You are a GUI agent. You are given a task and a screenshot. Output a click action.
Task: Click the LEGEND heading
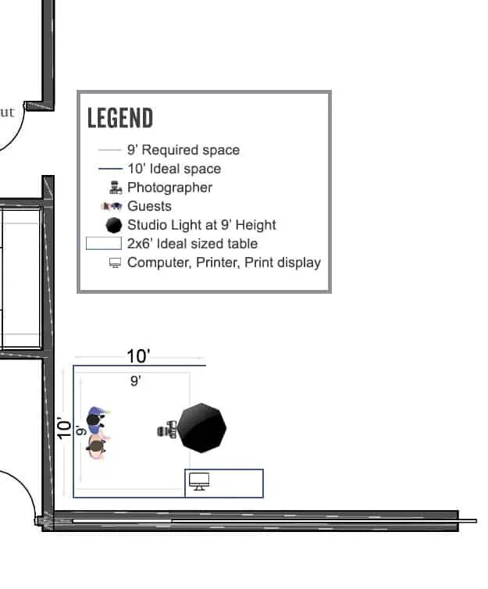(120, 119)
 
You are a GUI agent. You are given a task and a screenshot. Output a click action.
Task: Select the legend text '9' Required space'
(183, 150)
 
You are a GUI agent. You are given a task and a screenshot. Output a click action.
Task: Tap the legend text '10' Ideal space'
(174, 169)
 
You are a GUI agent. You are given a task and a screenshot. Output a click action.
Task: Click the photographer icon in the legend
(116, 187)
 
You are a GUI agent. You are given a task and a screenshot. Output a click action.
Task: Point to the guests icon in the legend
(112, 206)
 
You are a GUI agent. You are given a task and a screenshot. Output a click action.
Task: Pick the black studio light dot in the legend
(114, 225)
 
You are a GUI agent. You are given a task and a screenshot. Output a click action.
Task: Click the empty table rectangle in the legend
(103, 244)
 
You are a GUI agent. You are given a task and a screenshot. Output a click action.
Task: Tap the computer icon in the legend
(116, 263)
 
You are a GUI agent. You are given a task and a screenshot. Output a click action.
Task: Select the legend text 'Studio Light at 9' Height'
(201, 225)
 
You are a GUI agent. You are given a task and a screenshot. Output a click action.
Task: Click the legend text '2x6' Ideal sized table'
(192, 244)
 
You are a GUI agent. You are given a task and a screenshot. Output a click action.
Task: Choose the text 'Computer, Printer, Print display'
(224, 262)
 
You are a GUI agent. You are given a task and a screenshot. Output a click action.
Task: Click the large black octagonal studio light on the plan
(201, 428)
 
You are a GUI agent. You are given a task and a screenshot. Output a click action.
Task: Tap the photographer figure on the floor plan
(168, 430)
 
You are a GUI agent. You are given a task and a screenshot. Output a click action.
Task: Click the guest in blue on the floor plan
(96, 419)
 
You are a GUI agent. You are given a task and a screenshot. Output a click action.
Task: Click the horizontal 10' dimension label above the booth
(138, 356)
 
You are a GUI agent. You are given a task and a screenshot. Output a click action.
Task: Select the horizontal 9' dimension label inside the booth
(135, 381)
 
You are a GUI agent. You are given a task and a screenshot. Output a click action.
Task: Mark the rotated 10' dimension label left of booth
(65, 428)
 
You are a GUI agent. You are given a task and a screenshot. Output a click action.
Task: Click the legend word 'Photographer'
(169, 187)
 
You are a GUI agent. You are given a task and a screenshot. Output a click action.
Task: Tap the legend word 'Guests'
(149, 206)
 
